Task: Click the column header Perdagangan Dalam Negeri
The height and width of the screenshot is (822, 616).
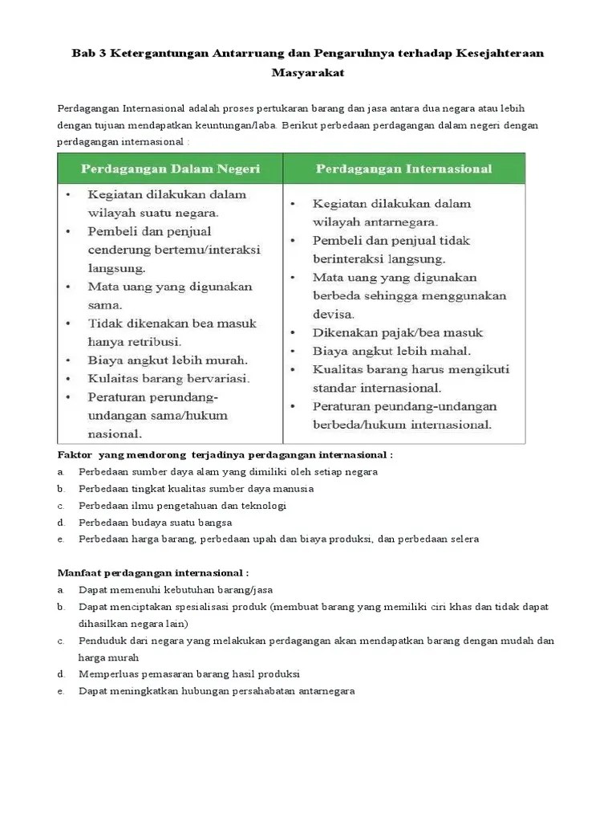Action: pyautogui.click(x=169, y=169)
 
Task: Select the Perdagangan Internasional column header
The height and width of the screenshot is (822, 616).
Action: pyautogui.click(x=403, y=169)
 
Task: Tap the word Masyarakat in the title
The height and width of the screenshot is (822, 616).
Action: pyautogui.click(x=308, y=72)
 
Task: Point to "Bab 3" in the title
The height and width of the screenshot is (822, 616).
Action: pyautogui.click(x=89, y=53)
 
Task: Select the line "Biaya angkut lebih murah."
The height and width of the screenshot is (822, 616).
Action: pyautogui.click(x=167, y=360)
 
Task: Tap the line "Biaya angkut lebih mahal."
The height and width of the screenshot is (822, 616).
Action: pyautogui.click(x=391, y=351)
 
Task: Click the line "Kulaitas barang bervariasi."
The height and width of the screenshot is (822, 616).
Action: pyautogui.click(x=168, y=378)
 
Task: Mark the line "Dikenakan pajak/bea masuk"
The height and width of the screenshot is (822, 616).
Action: pyautogui.click(x=398, y=332)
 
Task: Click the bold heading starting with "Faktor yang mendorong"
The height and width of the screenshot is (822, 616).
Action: pyautogui.click(x=225, y=454)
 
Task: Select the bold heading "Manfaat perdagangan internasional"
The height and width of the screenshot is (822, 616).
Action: pyautogui.click(x=153, y=573)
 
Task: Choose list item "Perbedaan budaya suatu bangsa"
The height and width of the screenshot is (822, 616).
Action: pyautogui.click(x=155, y=523)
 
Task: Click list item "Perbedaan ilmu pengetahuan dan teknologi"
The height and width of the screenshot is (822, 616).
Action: pyautogui.click(x=182, y=506)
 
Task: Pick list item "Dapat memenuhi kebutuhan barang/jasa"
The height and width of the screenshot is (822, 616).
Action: pyautogui.click(x=175, y=590)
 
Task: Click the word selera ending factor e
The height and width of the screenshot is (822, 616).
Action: pyautogui.click(x=464, y=539)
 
